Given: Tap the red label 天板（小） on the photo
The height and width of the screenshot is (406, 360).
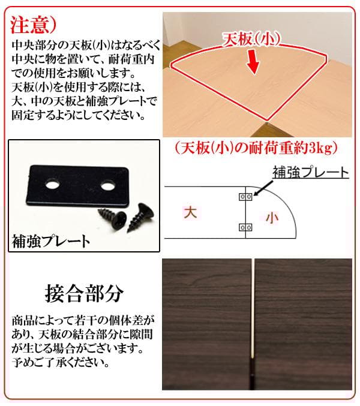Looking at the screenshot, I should (x=248, y=41).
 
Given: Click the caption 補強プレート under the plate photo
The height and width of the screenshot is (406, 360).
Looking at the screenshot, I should (x=51, y=242).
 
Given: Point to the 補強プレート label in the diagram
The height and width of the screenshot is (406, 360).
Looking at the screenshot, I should (x=310, y=173).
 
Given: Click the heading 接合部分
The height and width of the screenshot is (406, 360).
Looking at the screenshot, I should (x=84, y=294).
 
